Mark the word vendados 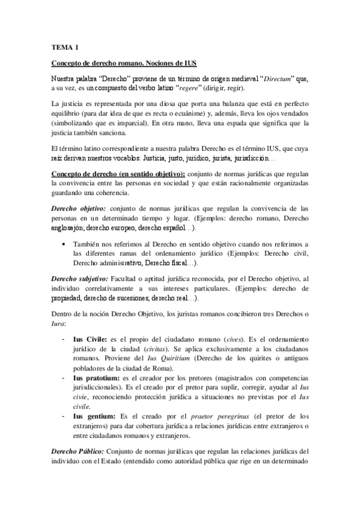pos(290,114)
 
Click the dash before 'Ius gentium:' pos(64,416)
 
